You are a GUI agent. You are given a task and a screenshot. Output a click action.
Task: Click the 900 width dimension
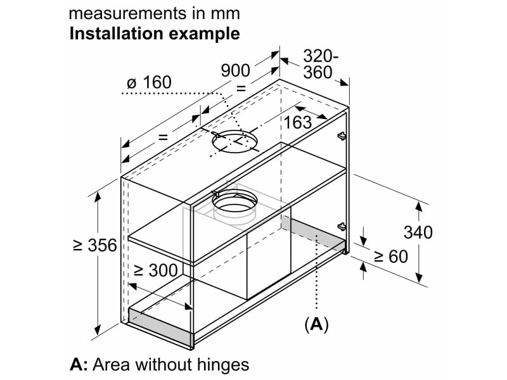235,70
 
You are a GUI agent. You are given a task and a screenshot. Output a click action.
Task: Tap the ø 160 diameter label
149,82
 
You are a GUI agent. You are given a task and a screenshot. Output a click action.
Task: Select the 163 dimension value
298,122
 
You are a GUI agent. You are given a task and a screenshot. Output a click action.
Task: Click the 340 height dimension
418,232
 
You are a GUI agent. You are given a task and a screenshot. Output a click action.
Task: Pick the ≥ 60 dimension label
391,256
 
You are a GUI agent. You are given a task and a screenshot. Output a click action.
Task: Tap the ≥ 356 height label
94,245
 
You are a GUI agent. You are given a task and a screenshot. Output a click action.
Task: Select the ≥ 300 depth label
156,270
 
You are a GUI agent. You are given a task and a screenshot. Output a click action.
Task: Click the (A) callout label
316,324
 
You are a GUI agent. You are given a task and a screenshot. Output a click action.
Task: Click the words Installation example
155,34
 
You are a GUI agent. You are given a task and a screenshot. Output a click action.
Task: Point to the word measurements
127,13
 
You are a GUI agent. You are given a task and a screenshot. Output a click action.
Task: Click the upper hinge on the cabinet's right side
341,136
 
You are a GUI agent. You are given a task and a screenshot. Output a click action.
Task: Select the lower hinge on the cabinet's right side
342,227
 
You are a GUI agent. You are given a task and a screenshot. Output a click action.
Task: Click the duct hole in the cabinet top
235,141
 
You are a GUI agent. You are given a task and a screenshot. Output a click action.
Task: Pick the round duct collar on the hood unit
234,212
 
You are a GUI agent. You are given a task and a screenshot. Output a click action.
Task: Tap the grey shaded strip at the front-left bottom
161,327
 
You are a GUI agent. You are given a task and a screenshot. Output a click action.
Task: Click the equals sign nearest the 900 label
241,88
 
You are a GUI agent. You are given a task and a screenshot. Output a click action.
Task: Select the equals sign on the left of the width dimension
163,137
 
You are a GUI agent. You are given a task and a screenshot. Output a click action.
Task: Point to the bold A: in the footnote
79,365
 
